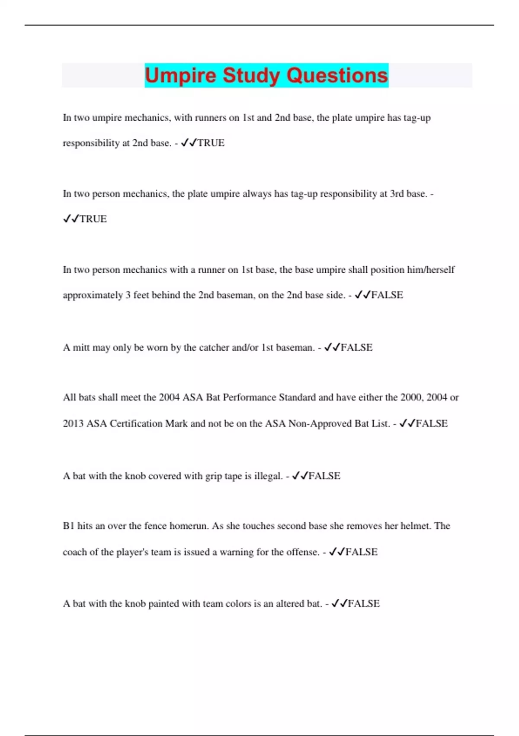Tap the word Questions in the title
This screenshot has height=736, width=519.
coord(337,75)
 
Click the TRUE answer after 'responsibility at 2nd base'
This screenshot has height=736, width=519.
coord(211,143)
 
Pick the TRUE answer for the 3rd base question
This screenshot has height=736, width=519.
coord(93,219)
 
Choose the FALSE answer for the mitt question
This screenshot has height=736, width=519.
coord(356,348)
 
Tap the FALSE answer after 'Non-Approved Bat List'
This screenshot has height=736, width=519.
coord(431,423)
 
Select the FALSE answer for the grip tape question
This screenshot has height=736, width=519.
coord(324,476)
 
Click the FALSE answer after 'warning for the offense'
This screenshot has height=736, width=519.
coord(362,552)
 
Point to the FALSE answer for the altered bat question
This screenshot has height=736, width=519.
coord(364,604)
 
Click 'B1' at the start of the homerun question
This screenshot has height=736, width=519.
coord(68,526)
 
